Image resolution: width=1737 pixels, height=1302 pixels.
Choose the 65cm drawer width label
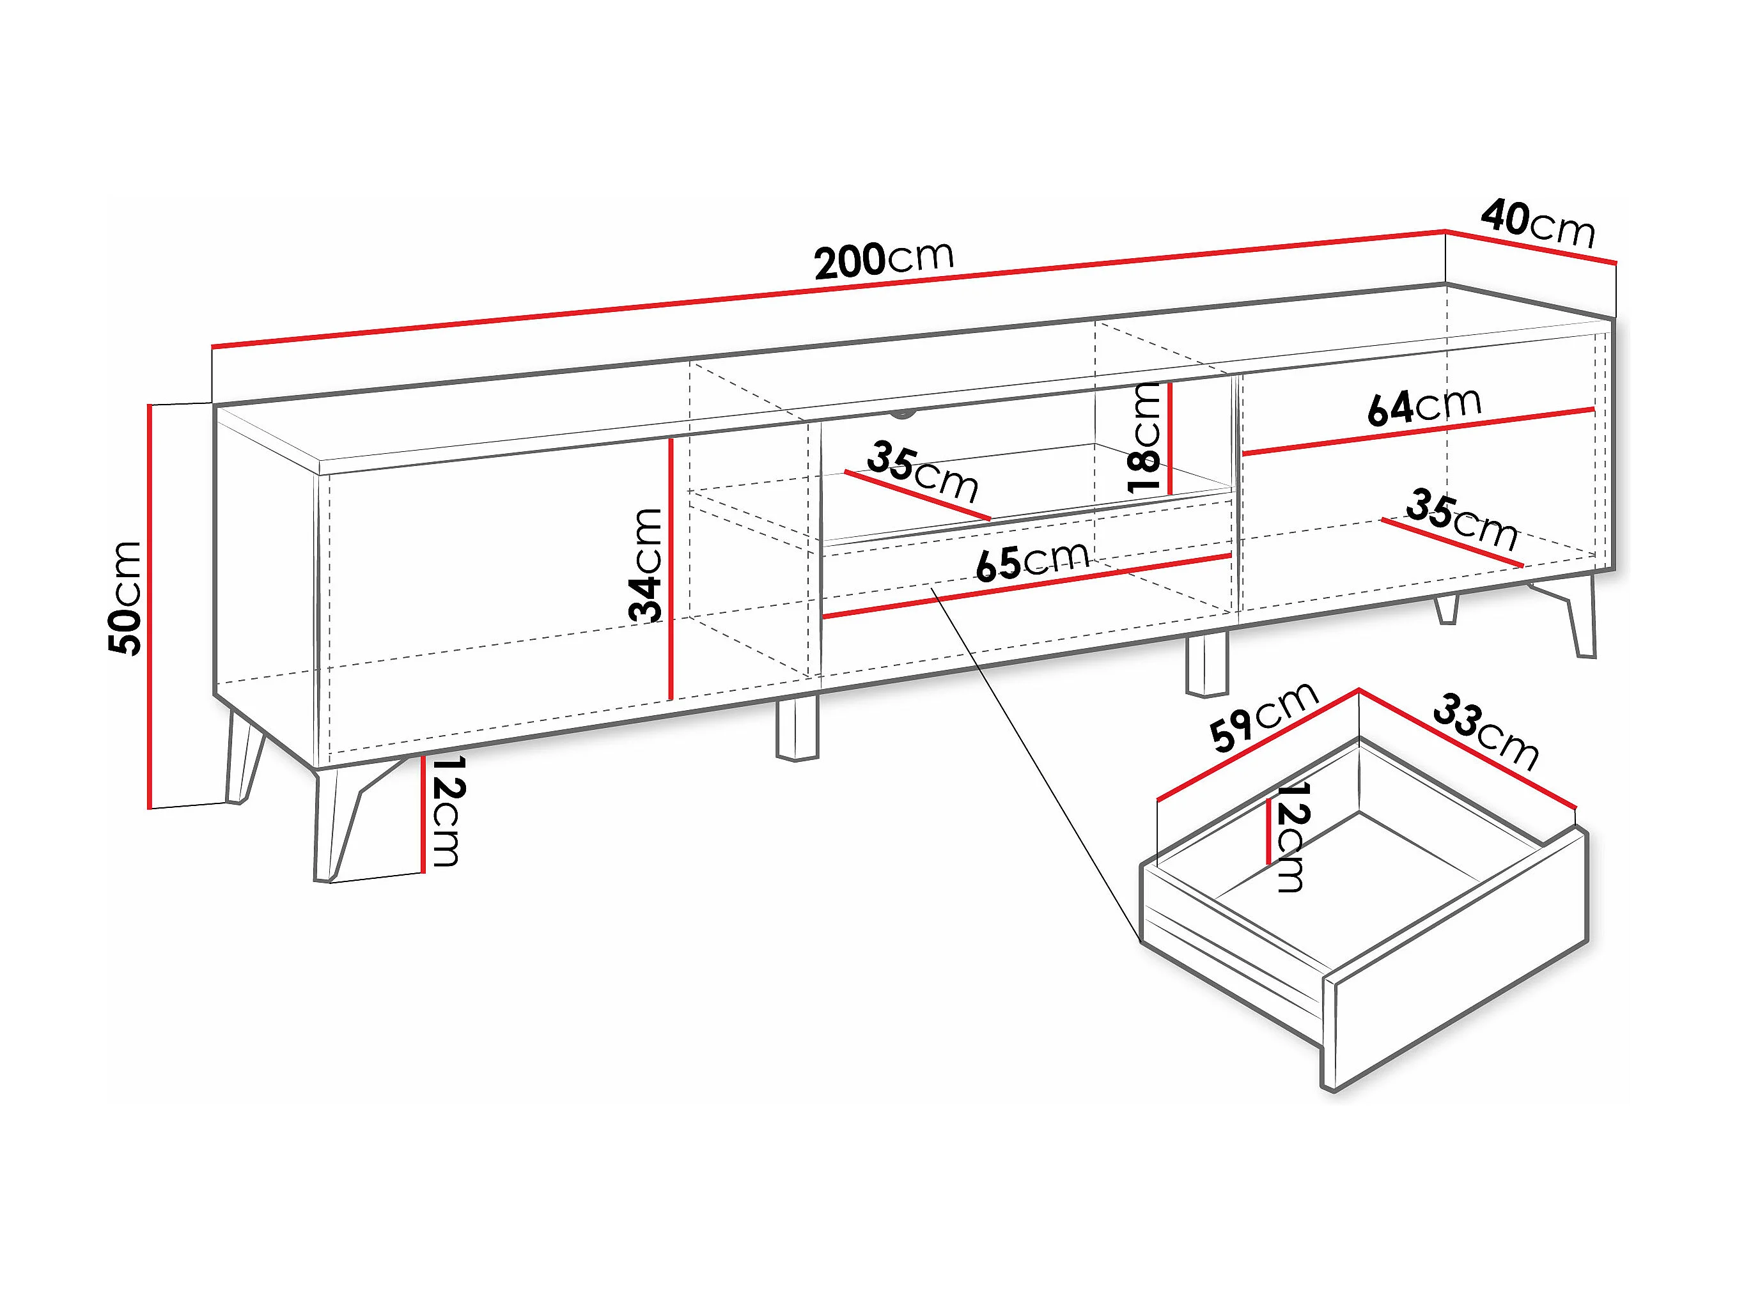tap(1032, 560)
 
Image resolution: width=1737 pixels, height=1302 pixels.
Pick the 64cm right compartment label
tap(1424, 406)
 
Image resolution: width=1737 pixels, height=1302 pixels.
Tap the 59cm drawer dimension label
tap(1262, 715)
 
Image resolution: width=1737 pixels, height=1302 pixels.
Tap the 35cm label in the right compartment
tap(1461, 519)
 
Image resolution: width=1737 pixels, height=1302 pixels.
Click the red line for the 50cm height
tap(148, 605)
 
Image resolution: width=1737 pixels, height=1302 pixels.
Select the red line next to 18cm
tap(1169, 438)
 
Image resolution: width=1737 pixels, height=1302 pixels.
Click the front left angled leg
tap(335, 825)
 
